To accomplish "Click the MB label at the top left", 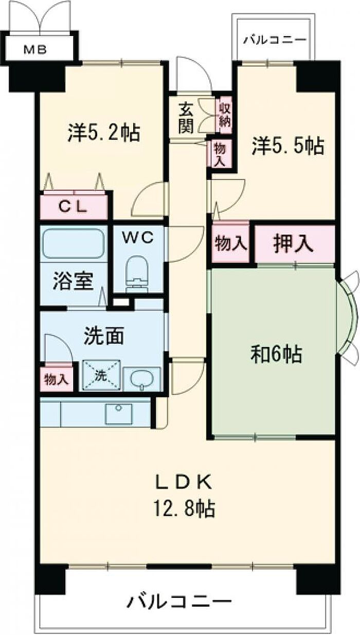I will pyautogui.click(x=35, y=50).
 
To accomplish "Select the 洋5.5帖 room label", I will pyautogui.click(x=287, y=146).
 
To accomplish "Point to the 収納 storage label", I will pyautogui.click(x=225, y=116).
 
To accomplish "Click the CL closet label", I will pyautogui.click(x=75, y=207).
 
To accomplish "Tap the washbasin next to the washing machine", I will pyautogui.click(x=142, y=379).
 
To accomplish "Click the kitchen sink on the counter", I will pyautogui.click(x=118, y=413).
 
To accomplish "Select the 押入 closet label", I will pyautogui.click(x=293, y=243).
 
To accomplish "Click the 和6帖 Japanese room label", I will pyautogui.click(x=276, y=355).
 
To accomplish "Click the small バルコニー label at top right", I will pyautogui.click(x=275, y=39).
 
